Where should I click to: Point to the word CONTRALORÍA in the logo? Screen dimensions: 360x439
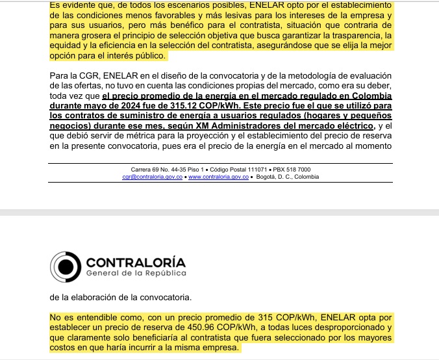pyautogui.click(x=136, y=263)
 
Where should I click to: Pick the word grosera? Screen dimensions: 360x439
pyautogui.click(x=99, y=34)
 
